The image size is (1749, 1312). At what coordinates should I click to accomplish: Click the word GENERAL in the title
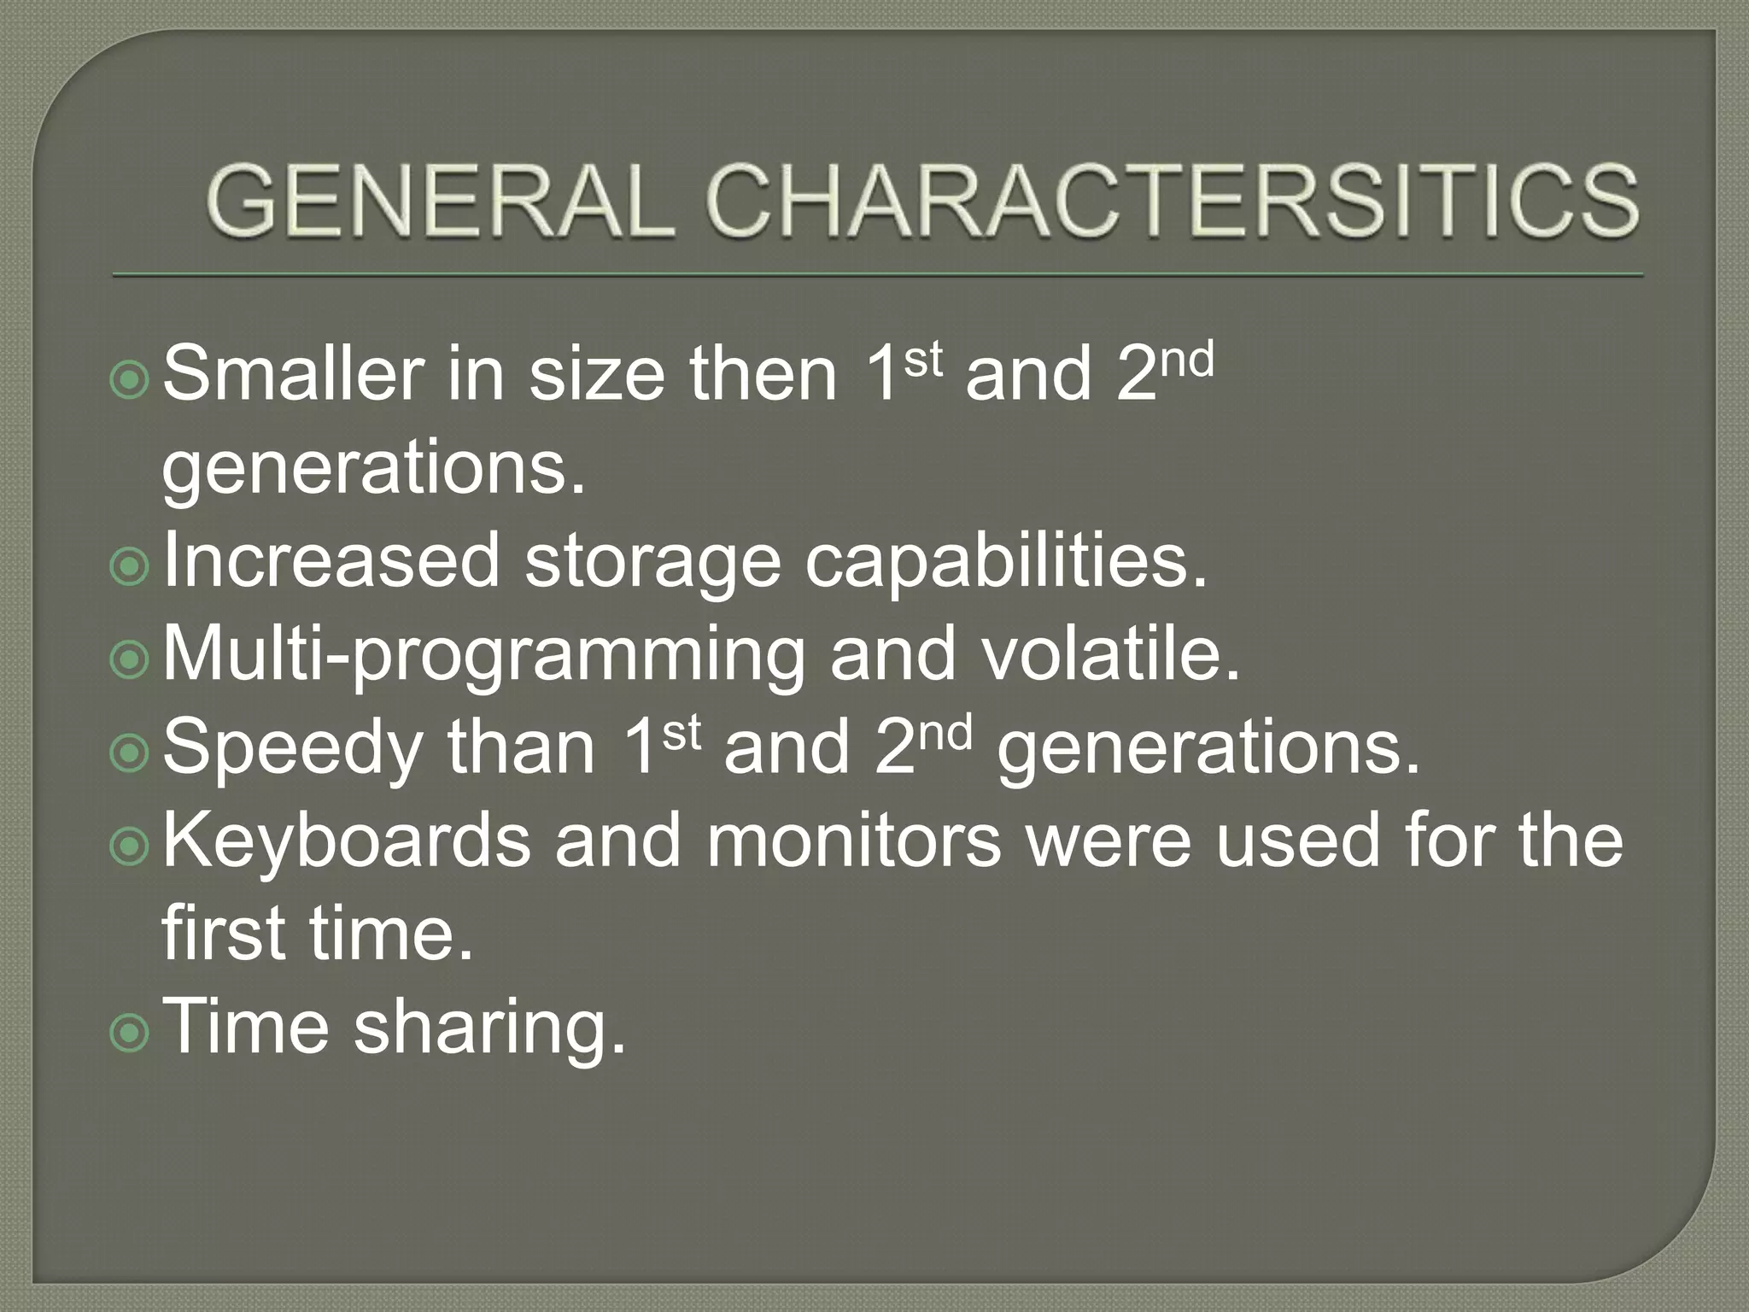[434, 203]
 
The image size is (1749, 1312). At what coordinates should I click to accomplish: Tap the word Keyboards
[346, 840]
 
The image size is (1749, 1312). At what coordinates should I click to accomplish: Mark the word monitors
[853, 840]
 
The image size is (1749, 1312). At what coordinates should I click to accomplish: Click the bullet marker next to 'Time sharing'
[130, 1032]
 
